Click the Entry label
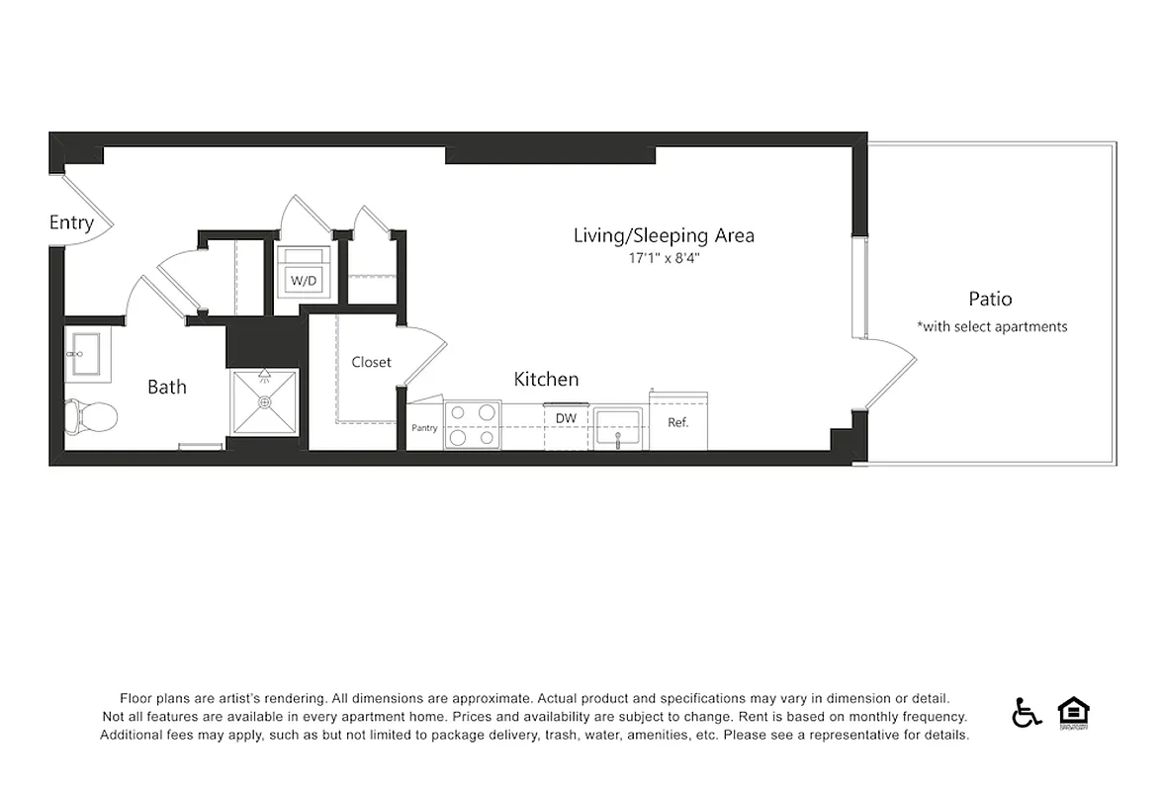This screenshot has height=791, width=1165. pyautogui.click(x=71, y=222)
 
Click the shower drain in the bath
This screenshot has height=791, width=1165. pyautogui.click(x=263, y=402)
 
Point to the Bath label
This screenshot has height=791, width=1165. pyautogui.click(x=166, y=387)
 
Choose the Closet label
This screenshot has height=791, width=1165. pyautogui.click(x=371, y=362)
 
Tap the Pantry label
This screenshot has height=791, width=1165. pyautogui.click(x=424, y=428)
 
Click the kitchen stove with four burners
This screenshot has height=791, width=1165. pyautogui.click(x=472, y=425)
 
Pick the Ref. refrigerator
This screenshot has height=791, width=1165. pyautogui.click(x=678, y=421)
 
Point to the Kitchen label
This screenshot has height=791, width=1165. pyautogui.click(x=546, y=379)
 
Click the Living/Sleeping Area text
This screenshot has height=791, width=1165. pyautogui.click(x=664, y=235)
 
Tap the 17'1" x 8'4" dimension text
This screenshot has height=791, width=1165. pyautogui.click(x=664, y=258)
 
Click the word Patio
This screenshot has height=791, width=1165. pyautogui.click(x=990, y=299)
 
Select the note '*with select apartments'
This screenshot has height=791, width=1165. pyautogui.click(x=991, y=326)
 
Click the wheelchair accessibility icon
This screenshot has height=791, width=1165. pyautogui.click(x=1027, y=712)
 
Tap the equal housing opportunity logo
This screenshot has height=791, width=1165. pyautogui.click(x=1073, y=712)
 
